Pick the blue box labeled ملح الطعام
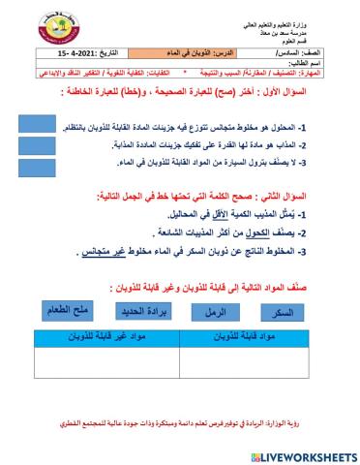pos(66,310)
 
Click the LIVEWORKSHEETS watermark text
pos(295,453)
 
